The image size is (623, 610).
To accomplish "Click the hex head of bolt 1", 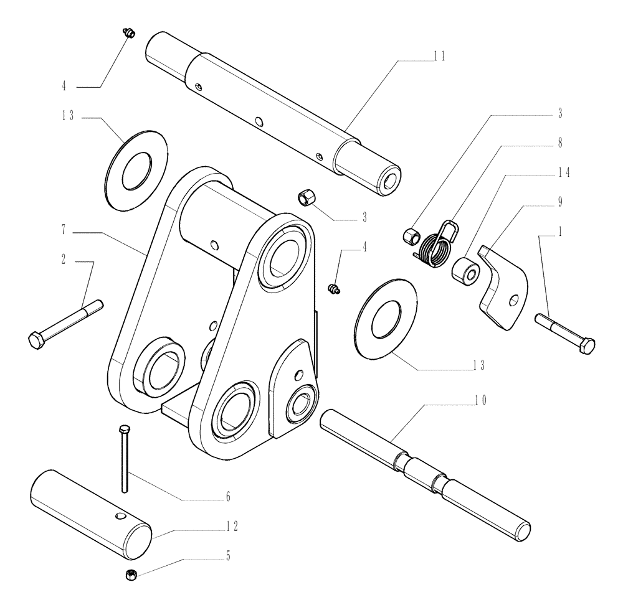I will tap(586, 345).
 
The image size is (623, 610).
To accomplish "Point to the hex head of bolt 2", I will tap(36, 339).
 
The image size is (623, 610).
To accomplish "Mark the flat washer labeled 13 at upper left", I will tap(137, 167).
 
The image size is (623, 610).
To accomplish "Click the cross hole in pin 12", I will tap(118, 517).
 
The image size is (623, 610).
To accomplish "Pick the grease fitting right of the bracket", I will tap(333, 288).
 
